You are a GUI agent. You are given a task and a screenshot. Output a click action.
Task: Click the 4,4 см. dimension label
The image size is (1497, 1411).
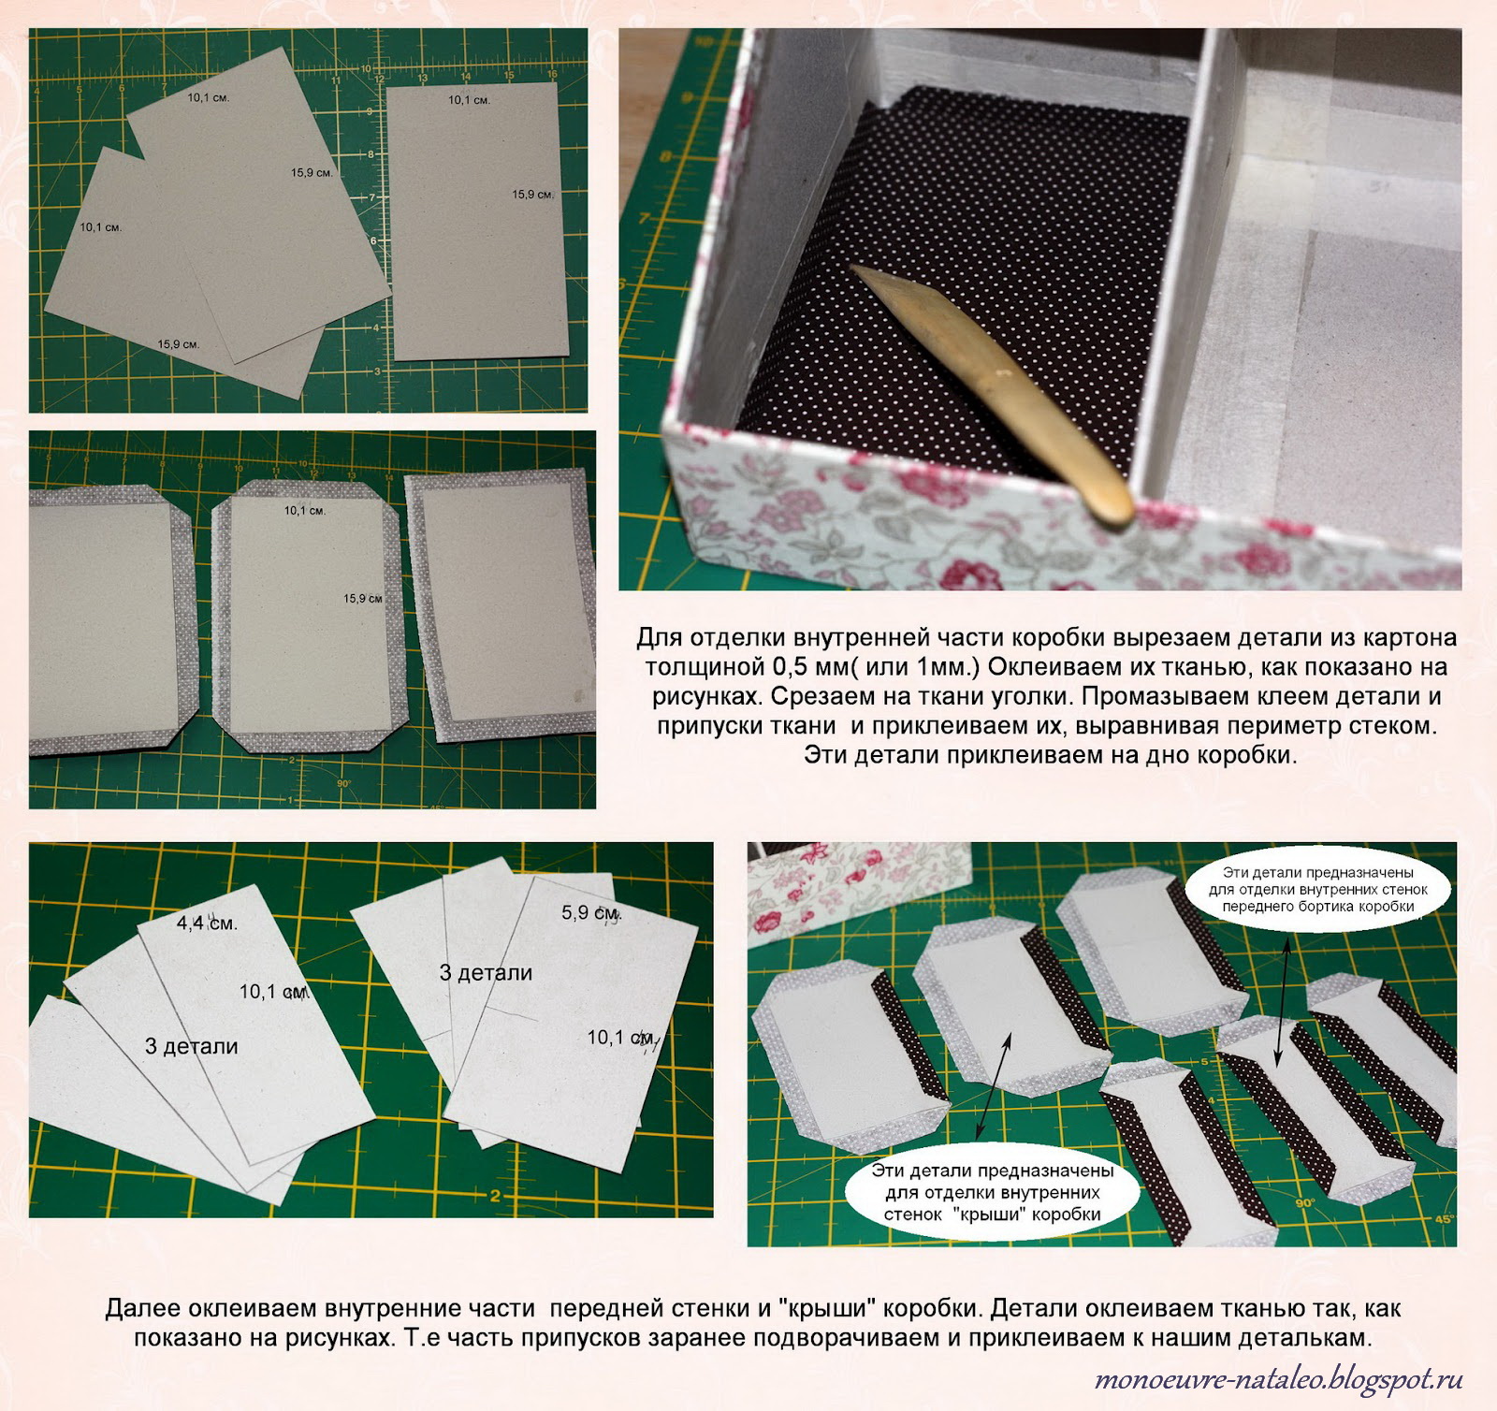pyautogui.click(x=207, y=924)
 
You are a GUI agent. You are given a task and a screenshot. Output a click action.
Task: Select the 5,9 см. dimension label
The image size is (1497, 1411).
pyautogui.click(x=591, y=912)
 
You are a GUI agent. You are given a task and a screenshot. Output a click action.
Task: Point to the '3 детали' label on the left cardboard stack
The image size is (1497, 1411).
pyautogui.click(x=192, y=1046)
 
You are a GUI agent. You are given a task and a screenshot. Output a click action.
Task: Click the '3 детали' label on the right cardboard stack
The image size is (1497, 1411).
pyautogui.click(x=486, y=973)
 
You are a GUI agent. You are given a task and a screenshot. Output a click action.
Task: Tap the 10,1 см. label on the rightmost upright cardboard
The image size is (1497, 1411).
pyautogui.click(x=469, y=100)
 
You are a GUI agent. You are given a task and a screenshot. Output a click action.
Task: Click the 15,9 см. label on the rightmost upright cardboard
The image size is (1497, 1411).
pyautogui.click(x=533, y=195)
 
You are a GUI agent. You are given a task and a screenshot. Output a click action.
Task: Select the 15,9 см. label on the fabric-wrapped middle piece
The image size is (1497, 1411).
pyautogui.click(x=363, y=599)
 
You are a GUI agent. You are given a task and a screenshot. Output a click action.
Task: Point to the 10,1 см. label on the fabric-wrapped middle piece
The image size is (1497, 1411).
pyautogui.click(x=305, y=511)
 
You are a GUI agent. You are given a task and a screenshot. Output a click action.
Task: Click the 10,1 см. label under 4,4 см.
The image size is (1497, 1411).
pyautogui.click(x=274, y=992)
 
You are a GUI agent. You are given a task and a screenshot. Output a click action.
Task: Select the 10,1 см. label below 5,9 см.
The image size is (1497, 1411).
pyautogui.click(x=621, y=1038)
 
